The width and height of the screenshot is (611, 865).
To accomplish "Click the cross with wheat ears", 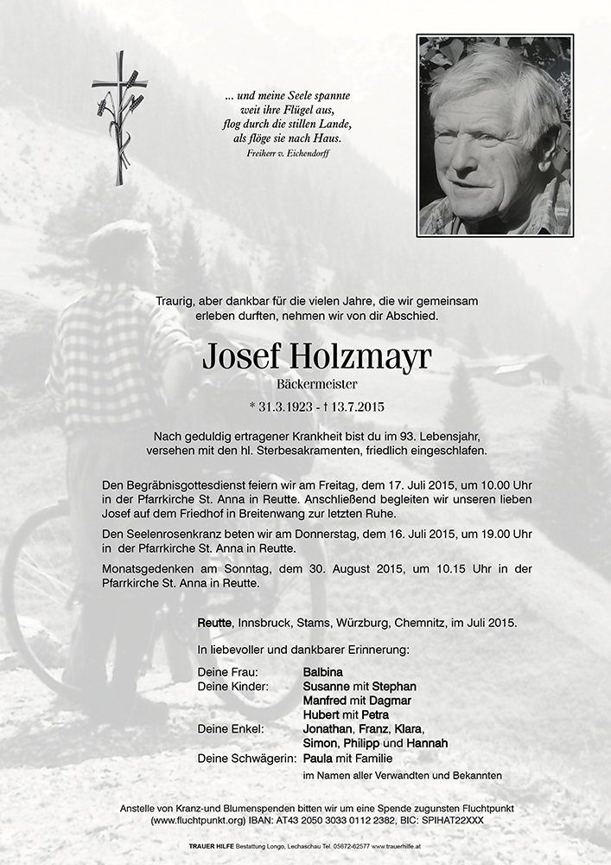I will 120,117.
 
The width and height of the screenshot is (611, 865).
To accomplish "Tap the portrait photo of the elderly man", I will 494,135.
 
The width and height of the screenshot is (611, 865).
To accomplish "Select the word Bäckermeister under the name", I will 304,383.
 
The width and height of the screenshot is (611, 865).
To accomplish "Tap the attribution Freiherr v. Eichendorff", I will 288,153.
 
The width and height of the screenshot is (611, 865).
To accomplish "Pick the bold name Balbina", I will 323,671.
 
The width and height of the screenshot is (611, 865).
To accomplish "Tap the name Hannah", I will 423,743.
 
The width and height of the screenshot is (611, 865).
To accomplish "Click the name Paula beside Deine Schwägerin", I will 318,758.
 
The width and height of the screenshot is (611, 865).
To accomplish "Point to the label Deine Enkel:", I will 230,729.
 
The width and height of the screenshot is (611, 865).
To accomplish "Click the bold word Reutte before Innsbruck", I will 214,623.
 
